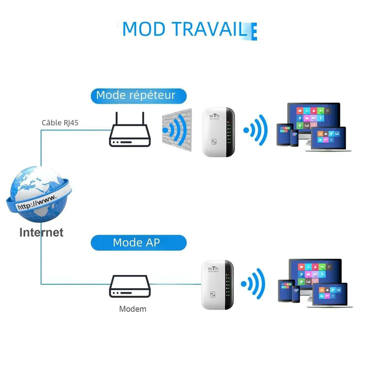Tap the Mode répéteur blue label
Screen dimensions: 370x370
138,95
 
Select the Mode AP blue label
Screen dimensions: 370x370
138,242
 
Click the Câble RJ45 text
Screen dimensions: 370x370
60,122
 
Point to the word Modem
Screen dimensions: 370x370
133,309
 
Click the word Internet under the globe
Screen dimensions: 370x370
41,232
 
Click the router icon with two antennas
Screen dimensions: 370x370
130,134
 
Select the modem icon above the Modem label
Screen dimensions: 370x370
130,286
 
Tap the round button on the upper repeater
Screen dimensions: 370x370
214,142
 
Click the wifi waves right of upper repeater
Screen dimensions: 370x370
256,130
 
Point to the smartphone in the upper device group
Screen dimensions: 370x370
294,138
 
